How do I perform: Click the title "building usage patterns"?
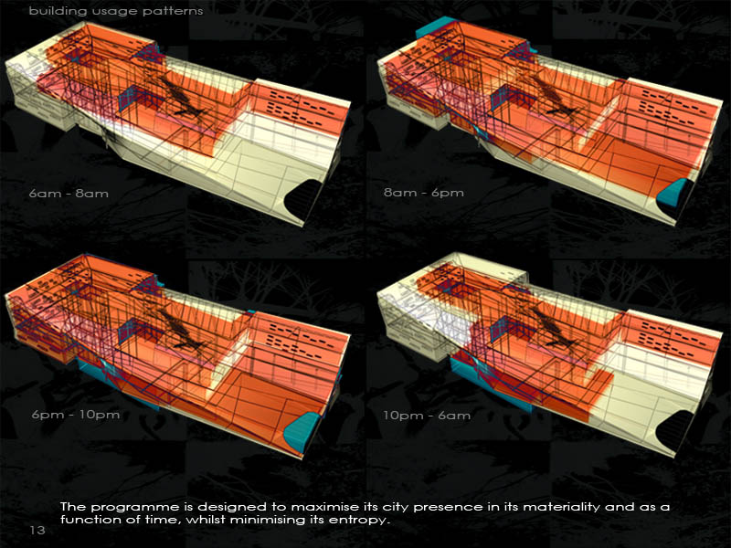(x=116, y=11)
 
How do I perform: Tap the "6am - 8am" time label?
(x=69, y=194)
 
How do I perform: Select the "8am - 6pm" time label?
(x=424, y=193)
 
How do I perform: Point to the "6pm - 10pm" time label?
(x=76, y=415)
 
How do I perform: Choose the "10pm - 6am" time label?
(x=427, y=416)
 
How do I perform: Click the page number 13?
(x=37, y=530)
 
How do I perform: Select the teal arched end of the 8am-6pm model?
(x=673, y=193)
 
